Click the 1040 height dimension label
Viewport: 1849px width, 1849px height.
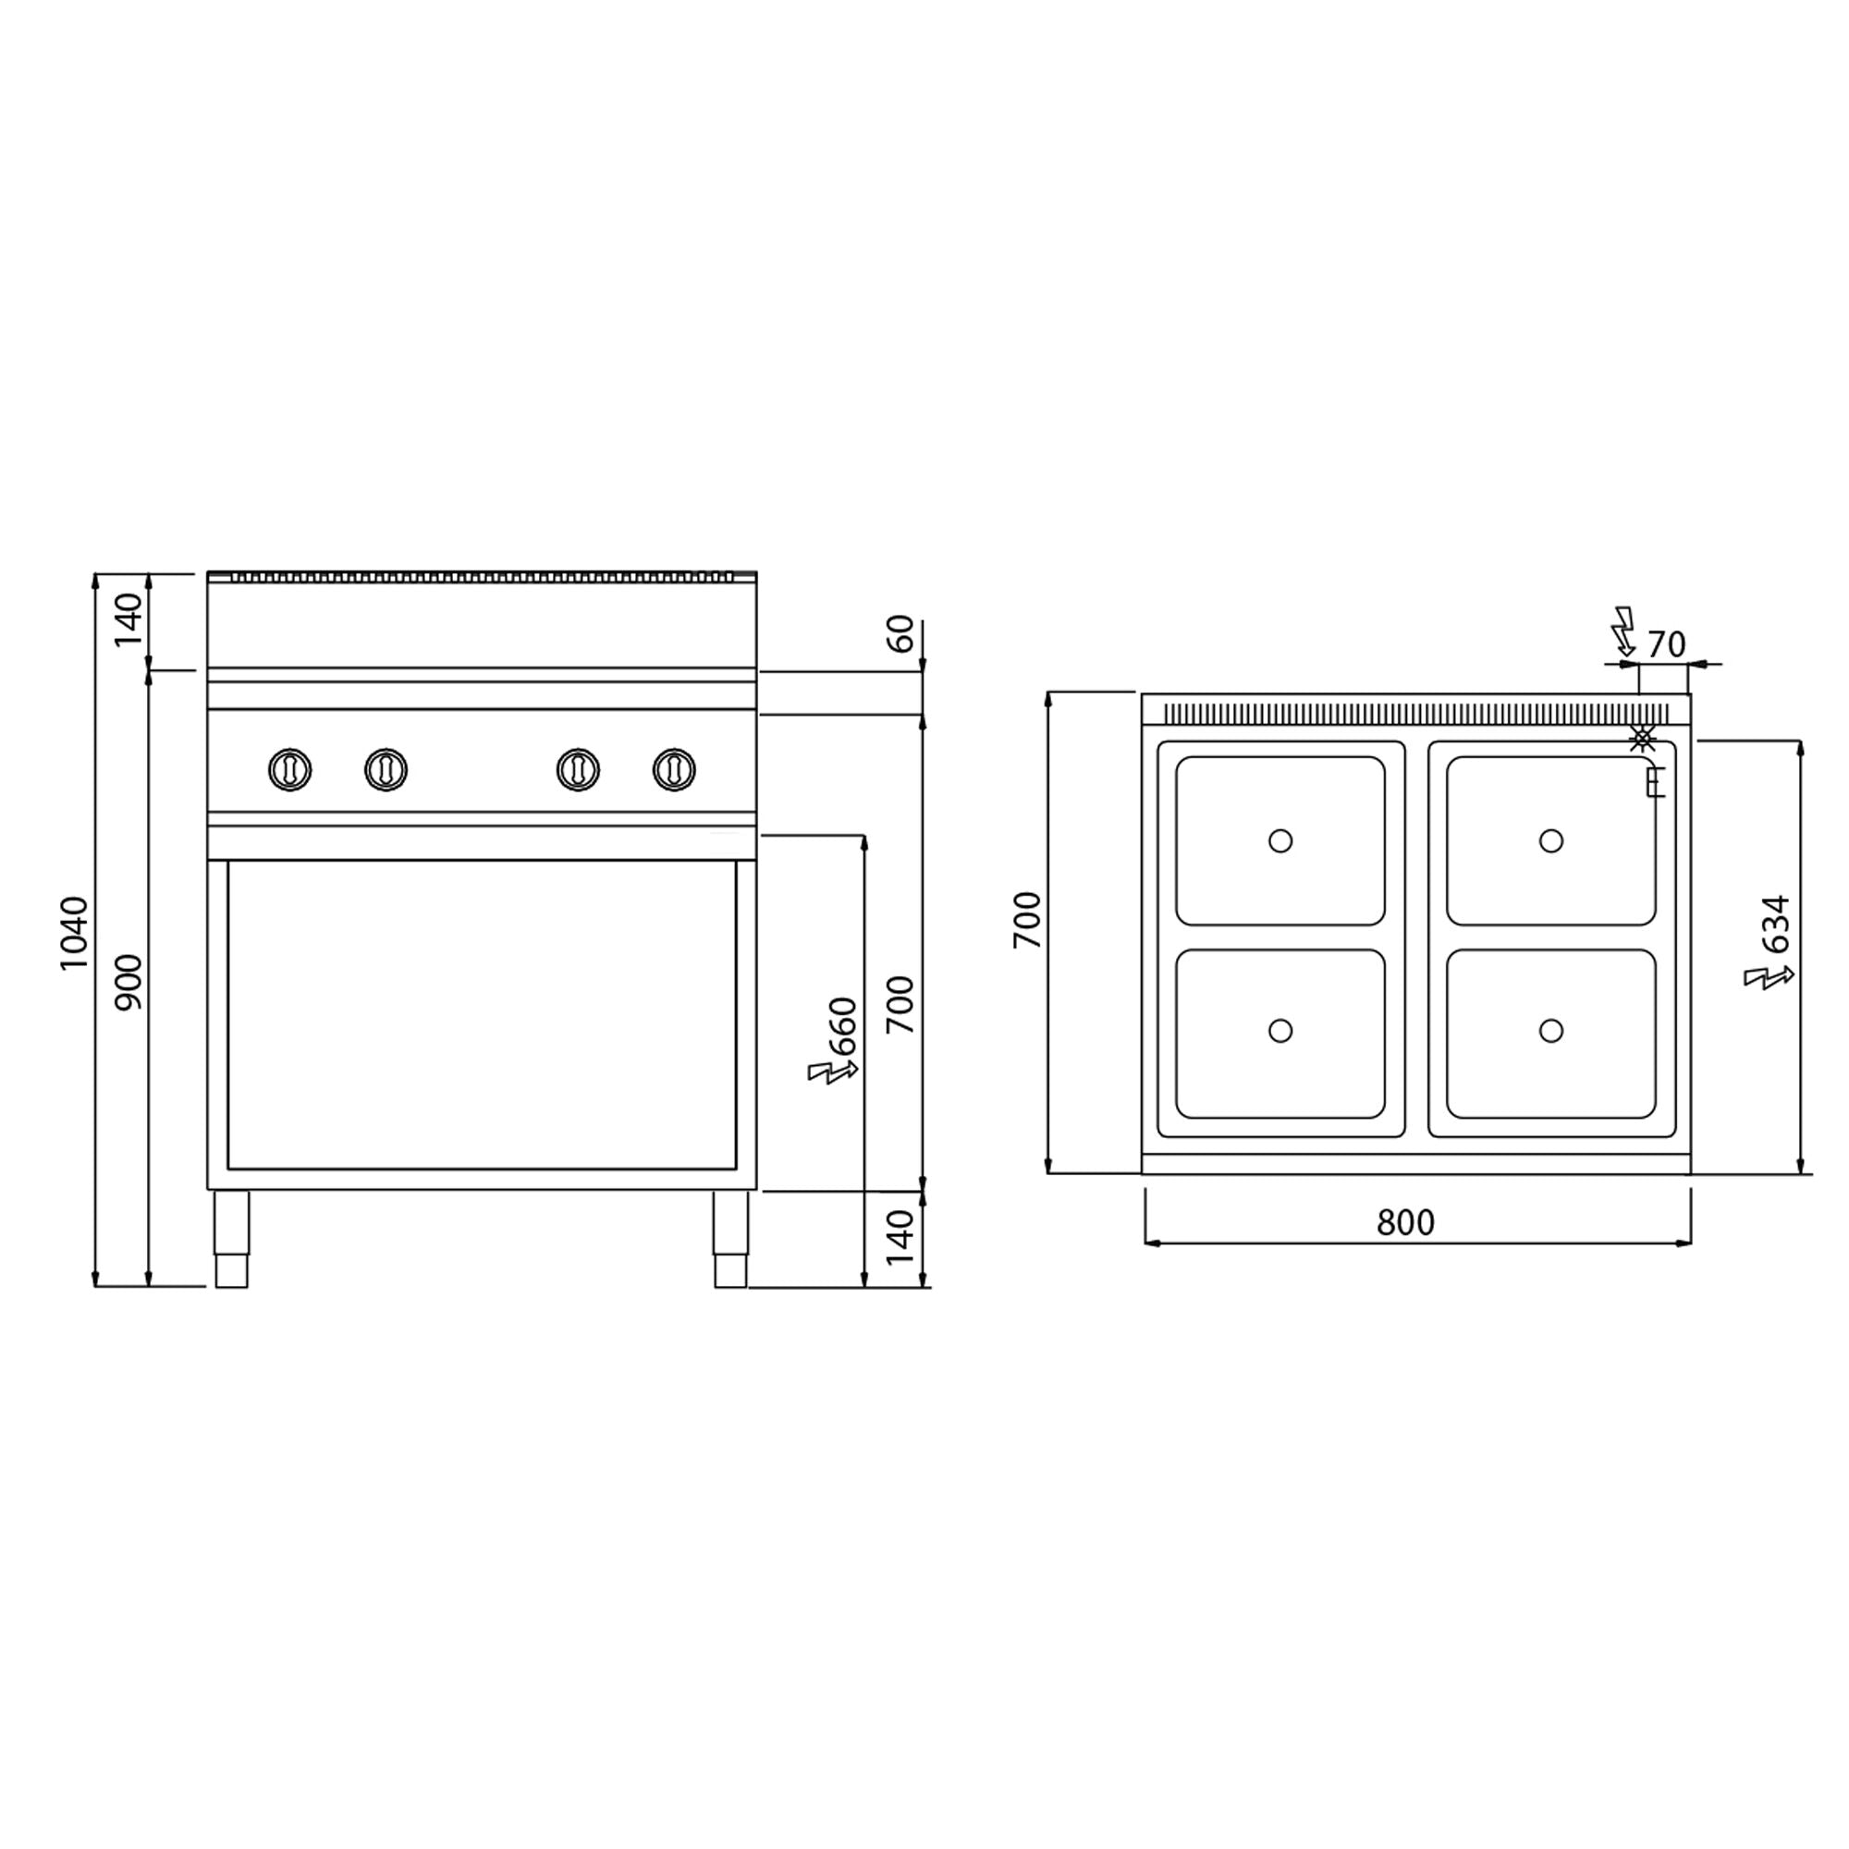[x=75, y=932]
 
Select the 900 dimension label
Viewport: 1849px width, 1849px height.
[x=129, y=982]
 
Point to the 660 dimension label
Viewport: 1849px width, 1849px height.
[x=844, y=1026]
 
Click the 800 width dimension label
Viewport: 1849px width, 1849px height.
[x=1405, y=1222]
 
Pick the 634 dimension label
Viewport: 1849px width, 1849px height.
[x=1776, y=924]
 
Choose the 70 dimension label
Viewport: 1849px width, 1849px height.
[x=1666, y=645]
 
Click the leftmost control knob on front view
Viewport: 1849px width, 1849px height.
[x=290, y=769]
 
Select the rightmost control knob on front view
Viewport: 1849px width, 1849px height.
[x=674, y=769]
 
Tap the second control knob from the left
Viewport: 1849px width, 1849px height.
[x=386, y=769]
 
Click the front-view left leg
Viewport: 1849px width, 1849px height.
[x=230, y=1239]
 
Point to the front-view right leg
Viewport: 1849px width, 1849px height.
[x=730, y=1239]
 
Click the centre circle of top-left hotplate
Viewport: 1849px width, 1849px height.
[x=1280, y=841]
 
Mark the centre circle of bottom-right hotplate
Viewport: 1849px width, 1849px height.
[x=1551, y=1031]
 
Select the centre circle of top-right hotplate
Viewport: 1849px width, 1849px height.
[x=1551, y=841]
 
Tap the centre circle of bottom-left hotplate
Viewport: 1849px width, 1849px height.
[x=1280, y=1031]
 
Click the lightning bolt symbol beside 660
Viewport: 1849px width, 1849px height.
[x=828, y=1071]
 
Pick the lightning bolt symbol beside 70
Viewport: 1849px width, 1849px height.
[x=1624, y=629]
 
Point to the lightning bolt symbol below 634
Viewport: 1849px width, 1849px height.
[x=1767, y=977]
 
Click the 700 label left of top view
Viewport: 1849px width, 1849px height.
[x=1028, y=919]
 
